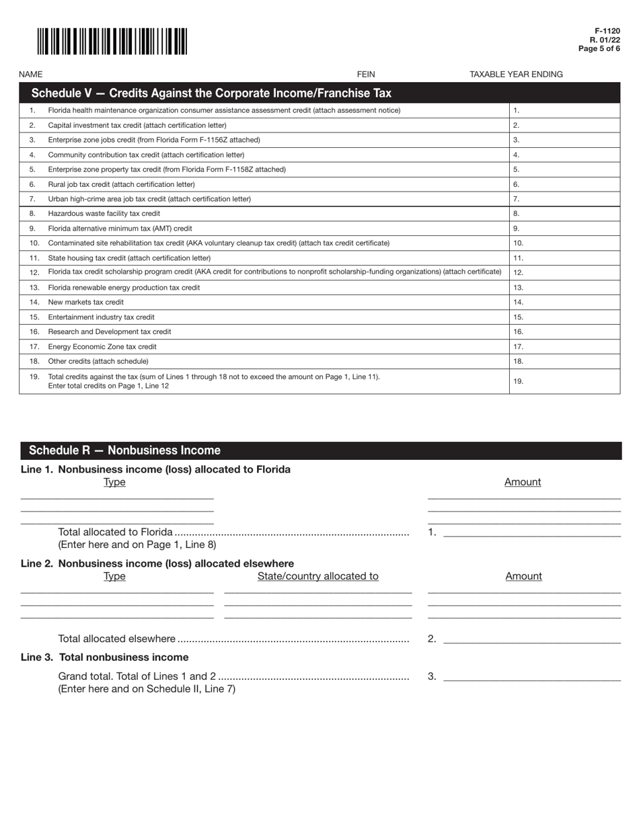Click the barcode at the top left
tap(112, 41)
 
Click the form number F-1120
tap(607, 32)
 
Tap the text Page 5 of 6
tap(599, 48)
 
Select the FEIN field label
tap(366, 75)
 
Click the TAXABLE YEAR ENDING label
tap(516, 75)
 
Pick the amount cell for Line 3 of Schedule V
tap(564, 140)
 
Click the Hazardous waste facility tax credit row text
tap(104, 214)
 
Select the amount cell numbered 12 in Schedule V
tap(564, 273)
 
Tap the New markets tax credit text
tap(86, 303)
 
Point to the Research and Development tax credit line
tap(110, 332)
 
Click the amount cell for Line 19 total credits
tap(564, 381)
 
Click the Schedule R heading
tap(124, 450)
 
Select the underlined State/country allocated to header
tap(317, 576)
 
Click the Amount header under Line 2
tap(523, 576)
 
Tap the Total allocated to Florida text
tap(115, 533)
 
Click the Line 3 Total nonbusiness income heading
tap(105, 658)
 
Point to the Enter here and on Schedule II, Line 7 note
tap(147, 689)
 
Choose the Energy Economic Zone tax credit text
tap(102, 347)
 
